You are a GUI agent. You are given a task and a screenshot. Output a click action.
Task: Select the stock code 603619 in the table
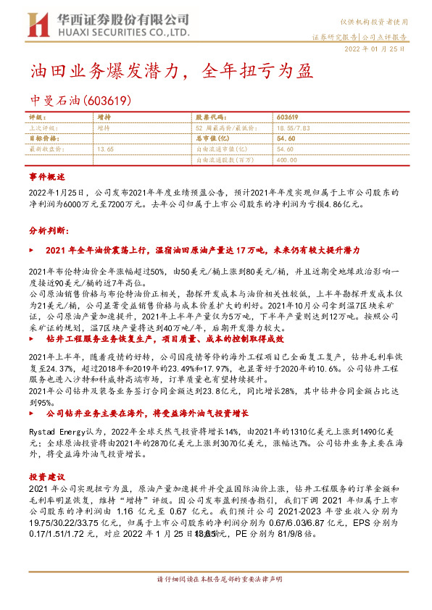[287, 117]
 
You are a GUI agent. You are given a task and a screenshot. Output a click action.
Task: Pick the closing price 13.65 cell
[105, 148]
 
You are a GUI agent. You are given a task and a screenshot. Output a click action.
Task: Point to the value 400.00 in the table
[287, 159]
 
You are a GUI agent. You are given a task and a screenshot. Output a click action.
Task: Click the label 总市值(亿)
[212, 137]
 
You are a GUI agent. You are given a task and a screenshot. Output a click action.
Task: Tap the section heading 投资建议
[47, 477]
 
